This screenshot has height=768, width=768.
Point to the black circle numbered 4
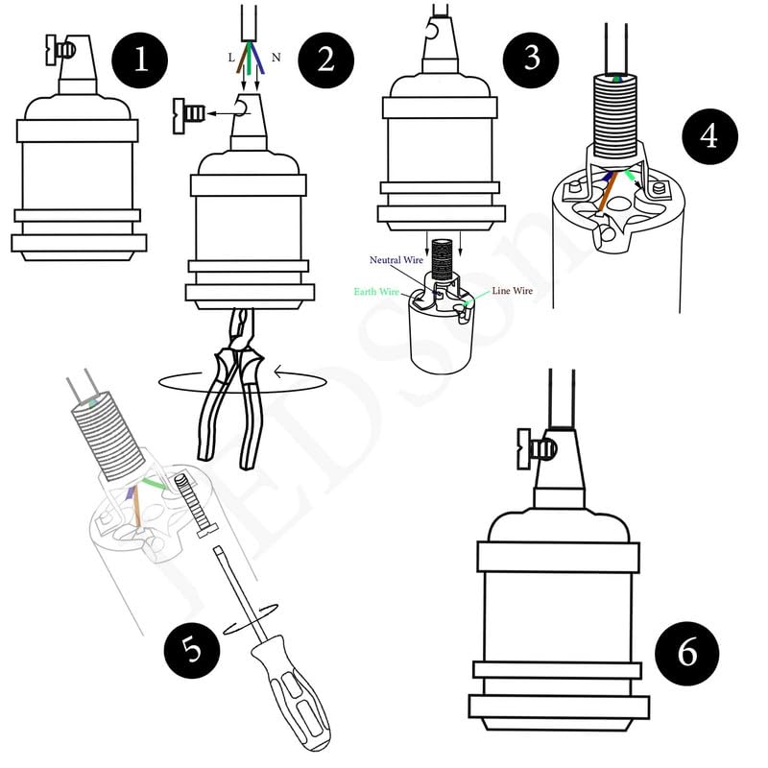coord(708,136)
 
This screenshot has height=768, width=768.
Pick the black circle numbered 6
coord(687,653)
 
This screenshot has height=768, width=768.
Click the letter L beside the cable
coord(231,58)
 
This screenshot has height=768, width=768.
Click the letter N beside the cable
coord(276,58)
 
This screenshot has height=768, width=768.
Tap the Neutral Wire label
coord(397,260)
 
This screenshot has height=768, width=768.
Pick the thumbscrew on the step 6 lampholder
coord(536,448)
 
